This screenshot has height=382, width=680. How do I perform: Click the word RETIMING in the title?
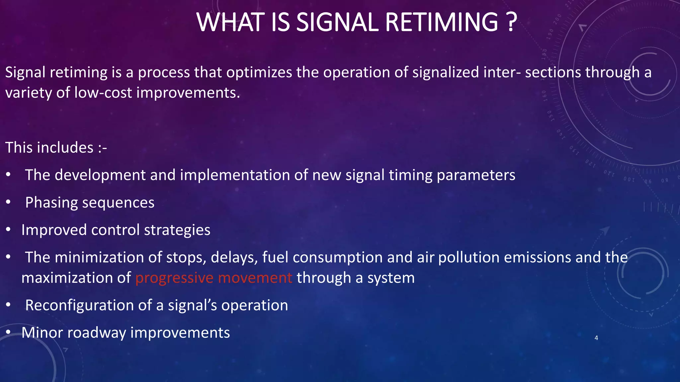click(x=442, y=23)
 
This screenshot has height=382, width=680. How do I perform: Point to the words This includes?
click(x=50, y=148)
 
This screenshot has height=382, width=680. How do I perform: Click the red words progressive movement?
click(x=213, y=278)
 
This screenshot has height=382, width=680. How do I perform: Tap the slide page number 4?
click(x=596, y=338)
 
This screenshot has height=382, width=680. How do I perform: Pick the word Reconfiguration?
click(x=79, y=305)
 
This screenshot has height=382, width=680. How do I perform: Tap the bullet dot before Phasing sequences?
click(x=9, y=202)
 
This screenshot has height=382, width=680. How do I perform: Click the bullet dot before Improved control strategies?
click(x=9, y=229)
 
